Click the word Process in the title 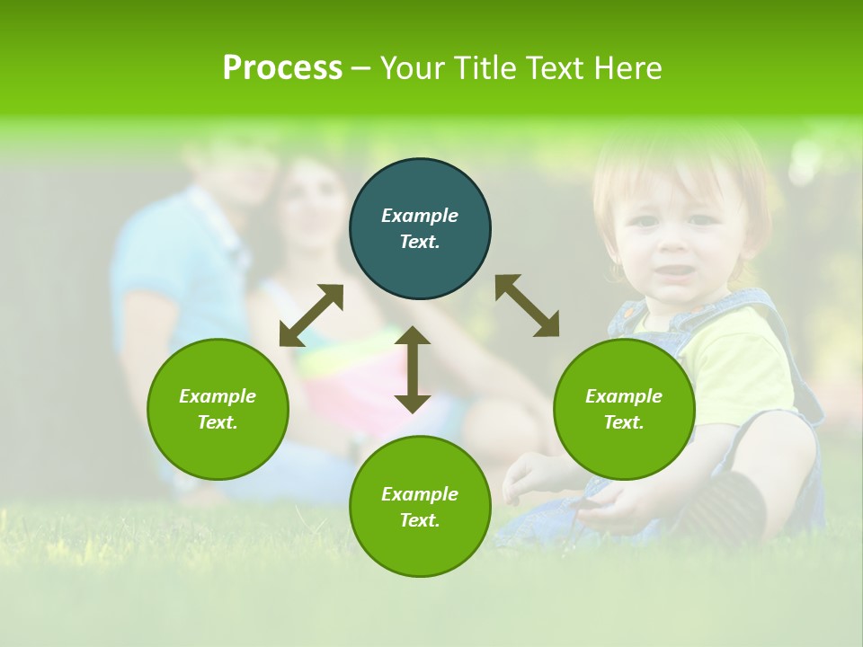click(x=282, y=68)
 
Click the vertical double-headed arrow click(x=413, y=369)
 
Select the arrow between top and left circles click(x=311, y=315)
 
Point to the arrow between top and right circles click(x=527, y=306)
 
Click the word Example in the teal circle click(x=420, y=216)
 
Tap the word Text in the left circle click(x=218, y=422)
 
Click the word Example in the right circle click(x=624, y=396)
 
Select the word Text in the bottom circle click(x=420, y=520)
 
